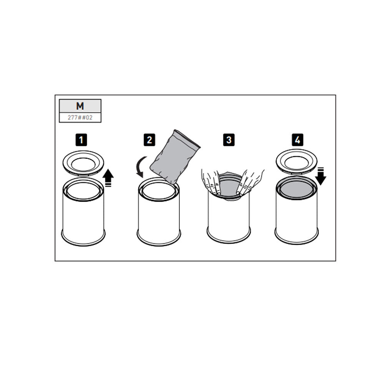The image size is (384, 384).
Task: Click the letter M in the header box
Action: [80, 106]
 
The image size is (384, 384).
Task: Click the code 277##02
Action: [80, 118]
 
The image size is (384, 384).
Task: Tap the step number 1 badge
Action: [81, 140]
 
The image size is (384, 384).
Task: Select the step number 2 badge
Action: [149, 140]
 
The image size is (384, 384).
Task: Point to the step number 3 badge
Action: [228, 140]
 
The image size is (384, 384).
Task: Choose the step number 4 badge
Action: [297, 140]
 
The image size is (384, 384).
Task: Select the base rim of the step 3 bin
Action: [228, 237]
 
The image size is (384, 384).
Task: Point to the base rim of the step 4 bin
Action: [296, 239]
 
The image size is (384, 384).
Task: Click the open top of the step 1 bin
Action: [83, 190]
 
